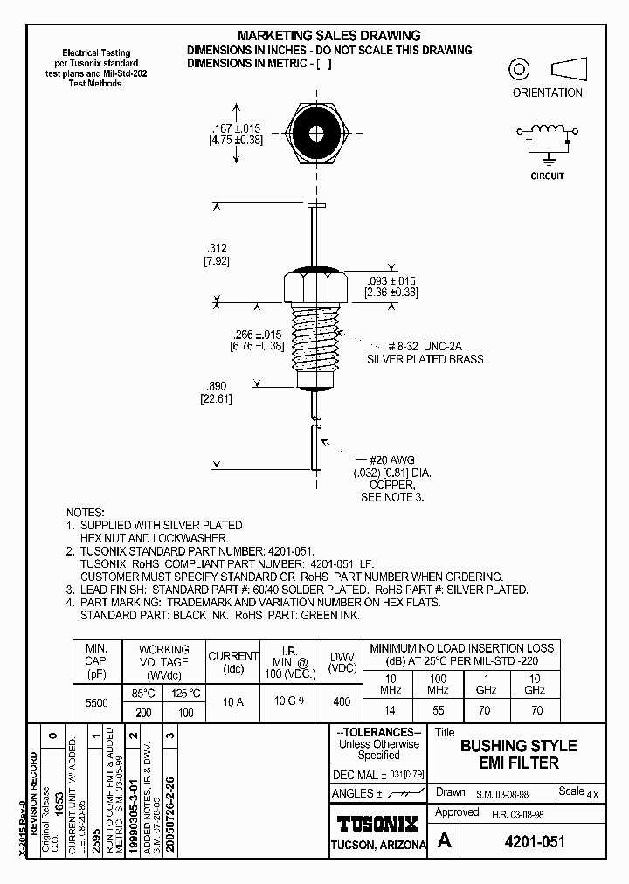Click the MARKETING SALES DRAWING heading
329,36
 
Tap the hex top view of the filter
315,135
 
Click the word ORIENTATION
547,93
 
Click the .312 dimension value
216,247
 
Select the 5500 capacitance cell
95,702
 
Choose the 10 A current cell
232,701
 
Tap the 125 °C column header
184,694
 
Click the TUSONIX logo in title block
377,824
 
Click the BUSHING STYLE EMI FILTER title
518,754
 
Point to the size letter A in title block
445,841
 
